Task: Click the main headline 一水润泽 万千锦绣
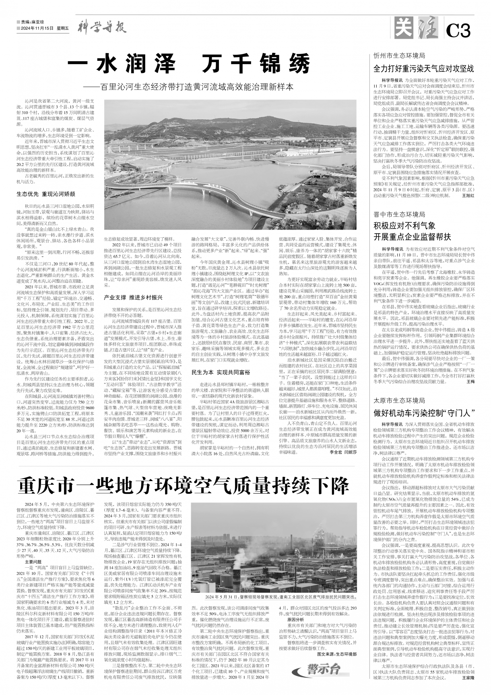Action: click(x=189, y=64)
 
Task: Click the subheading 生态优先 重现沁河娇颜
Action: click(x=46, y=193)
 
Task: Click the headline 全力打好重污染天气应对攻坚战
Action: click(x=424, y=68)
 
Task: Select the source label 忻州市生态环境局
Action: click(x=399, y=56)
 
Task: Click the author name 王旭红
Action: click(x=468, y=195)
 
